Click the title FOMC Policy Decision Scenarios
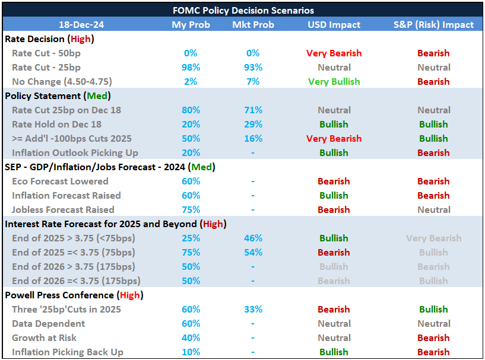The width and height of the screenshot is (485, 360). [242, 10]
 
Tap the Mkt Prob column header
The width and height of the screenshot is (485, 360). [253, 24]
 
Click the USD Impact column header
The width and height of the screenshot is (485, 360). [334, 24]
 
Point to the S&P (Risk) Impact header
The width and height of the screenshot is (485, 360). [433, 24]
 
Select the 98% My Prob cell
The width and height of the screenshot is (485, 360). [191, 67]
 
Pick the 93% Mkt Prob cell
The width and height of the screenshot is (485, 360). [253, 67]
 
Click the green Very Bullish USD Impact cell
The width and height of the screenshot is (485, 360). [334, 81]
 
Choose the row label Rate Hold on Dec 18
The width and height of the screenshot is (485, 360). [56, 124]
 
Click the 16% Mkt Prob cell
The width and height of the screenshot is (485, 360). [253, 138]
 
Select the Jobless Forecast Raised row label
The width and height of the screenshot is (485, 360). [63, 209]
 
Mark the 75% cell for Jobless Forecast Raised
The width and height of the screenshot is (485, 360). [191, 209]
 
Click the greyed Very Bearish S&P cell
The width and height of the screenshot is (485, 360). [433, 238]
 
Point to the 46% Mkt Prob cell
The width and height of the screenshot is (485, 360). [253, 238]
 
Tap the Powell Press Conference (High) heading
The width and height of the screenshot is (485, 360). [74, 295]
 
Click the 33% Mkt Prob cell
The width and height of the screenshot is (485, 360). [253, 309]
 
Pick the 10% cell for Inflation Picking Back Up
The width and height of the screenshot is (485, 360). [191, 352]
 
